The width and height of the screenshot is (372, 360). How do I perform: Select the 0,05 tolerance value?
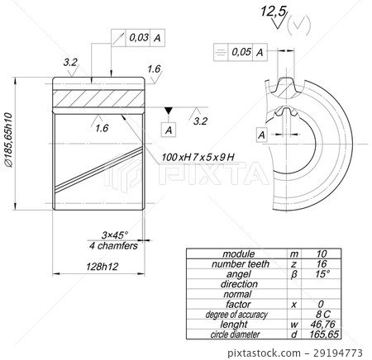tap(241, 51)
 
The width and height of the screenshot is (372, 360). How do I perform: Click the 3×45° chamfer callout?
tap(114, 235)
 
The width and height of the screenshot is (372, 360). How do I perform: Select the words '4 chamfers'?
tap(112, 245)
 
